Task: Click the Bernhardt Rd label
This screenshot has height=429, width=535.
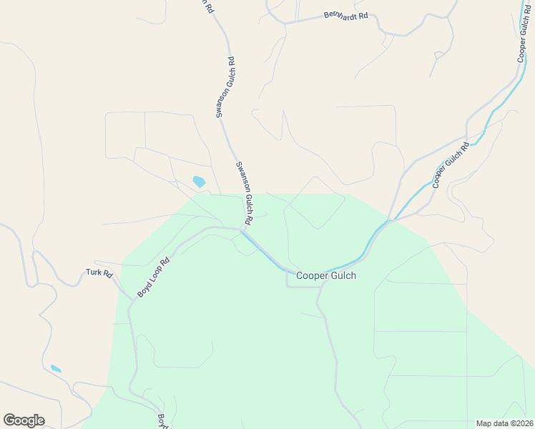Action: point(345,14)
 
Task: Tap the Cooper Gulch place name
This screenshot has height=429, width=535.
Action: point(326,275)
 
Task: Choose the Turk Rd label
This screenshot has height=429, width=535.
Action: point(99,272)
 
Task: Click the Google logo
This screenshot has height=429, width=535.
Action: point(24,420)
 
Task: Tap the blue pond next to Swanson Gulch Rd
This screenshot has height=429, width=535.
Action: point(199,182)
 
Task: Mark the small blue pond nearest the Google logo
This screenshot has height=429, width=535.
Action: point(56,369)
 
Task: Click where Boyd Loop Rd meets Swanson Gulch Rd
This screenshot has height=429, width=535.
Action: point(241,230)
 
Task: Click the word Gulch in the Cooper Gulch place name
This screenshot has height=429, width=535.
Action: point(341,275)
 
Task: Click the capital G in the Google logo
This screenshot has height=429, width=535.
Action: point(9,420)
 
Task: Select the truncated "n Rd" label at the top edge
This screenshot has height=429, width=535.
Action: point(208,6)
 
